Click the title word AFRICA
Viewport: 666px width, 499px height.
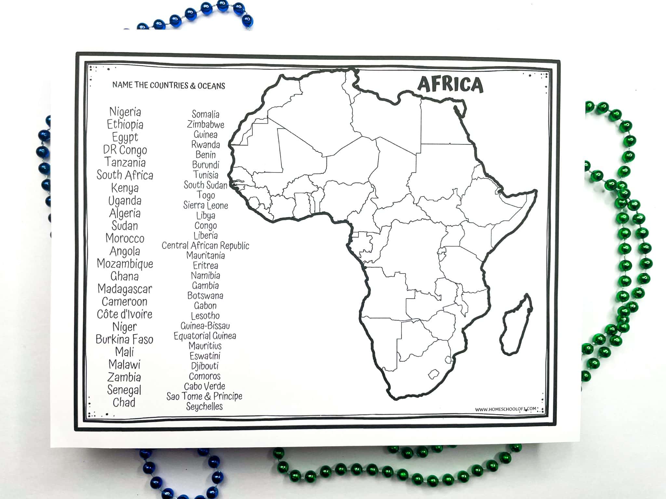[x=450, y=84]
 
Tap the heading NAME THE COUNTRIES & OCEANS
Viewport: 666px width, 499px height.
[x=168, y=85]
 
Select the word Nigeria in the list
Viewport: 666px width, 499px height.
[x=125, y=112]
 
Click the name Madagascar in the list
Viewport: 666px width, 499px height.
[x=125, y=289]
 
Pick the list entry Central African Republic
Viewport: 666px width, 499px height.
[x=206, y=246]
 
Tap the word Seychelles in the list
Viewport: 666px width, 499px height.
[x=205, y=406]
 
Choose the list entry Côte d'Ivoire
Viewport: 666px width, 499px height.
[x=125, y=314]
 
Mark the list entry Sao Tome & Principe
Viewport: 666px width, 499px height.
[x=205, y=396]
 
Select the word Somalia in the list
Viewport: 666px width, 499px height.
[x=206, y=114]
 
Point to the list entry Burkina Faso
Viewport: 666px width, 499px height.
[x=125, y=339]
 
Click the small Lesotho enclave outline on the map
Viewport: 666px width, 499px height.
[x=433, y=374]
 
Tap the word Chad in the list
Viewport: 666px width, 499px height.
[x=124, y=403]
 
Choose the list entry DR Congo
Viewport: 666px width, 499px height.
[x=125, y=150]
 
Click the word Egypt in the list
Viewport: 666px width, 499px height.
[x=125, y=137]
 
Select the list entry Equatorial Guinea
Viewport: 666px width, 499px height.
[x=205, y=336]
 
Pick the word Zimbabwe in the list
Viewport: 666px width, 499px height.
[x=206, y=124]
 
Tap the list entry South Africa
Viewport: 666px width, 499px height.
[x=125, y=175]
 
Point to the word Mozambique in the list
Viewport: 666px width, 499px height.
[x=125, y=263]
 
